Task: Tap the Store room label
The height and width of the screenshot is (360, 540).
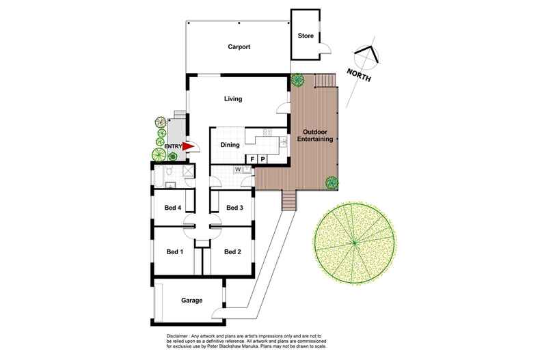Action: tap(306, 36)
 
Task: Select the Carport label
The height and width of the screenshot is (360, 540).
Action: tap(239, 47)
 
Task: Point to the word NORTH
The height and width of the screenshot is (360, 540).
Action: tap(359, 75)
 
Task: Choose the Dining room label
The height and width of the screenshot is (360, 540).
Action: tap(230, 145)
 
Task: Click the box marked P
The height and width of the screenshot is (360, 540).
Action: tap(262, 160)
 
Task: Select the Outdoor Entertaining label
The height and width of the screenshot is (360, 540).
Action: tap(315, 135)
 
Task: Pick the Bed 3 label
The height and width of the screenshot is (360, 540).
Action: tap(234, 208)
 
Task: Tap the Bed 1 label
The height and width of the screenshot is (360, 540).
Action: tap(175, 251)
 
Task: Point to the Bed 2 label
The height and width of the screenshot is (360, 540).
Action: tap(233, 251)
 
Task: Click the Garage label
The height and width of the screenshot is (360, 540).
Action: tap(193, 300)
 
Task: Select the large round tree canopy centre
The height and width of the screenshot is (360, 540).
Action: tap(355, 241)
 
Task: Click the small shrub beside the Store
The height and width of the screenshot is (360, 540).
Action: tap(298, 80)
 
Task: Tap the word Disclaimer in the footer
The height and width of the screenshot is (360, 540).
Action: tap(180, 337)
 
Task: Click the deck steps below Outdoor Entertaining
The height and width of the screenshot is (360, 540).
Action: tap(289, 201)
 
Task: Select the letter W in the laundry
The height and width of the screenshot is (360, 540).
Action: tap(238, 169)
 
